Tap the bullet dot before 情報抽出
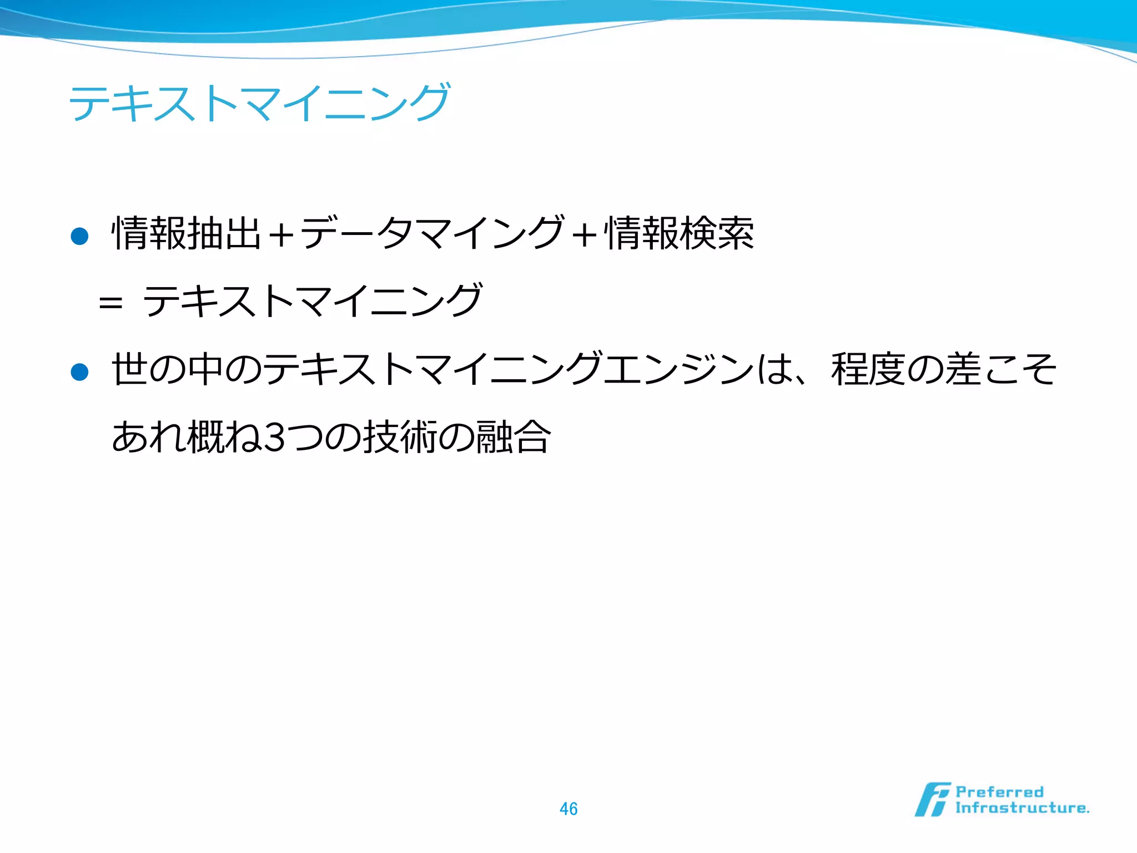(x=80, y=237)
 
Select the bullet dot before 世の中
(x=80, y=372)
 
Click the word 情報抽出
(x=187, y=233)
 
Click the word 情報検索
(x=680, y=233)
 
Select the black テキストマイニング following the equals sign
(x=313, y=301)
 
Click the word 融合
(x=514, y=438)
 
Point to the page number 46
(x=568, y=809)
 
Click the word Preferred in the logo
(x=999, y=792)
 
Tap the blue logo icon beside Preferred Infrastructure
(x=932, y=800)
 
